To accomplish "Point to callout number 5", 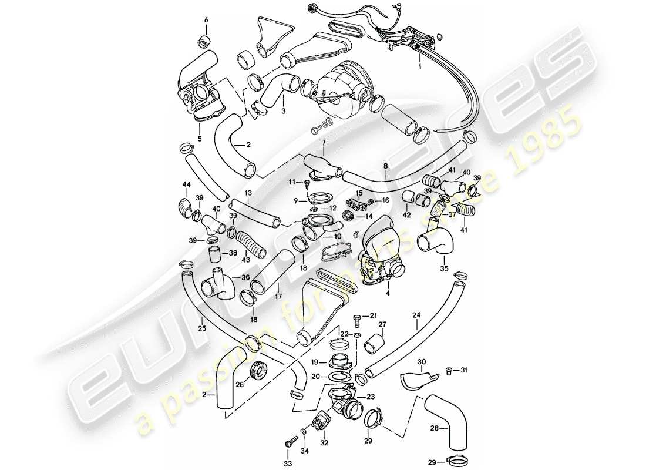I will click(199, 139).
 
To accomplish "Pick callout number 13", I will click(248, 193).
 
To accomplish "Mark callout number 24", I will click(416, 314).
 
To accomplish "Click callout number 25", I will click(203, 327).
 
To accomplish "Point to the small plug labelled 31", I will click(450, 370).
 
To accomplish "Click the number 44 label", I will click(186, 184).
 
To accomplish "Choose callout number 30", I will click(421, 361).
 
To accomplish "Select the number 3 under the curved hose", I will click(283, 110).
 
